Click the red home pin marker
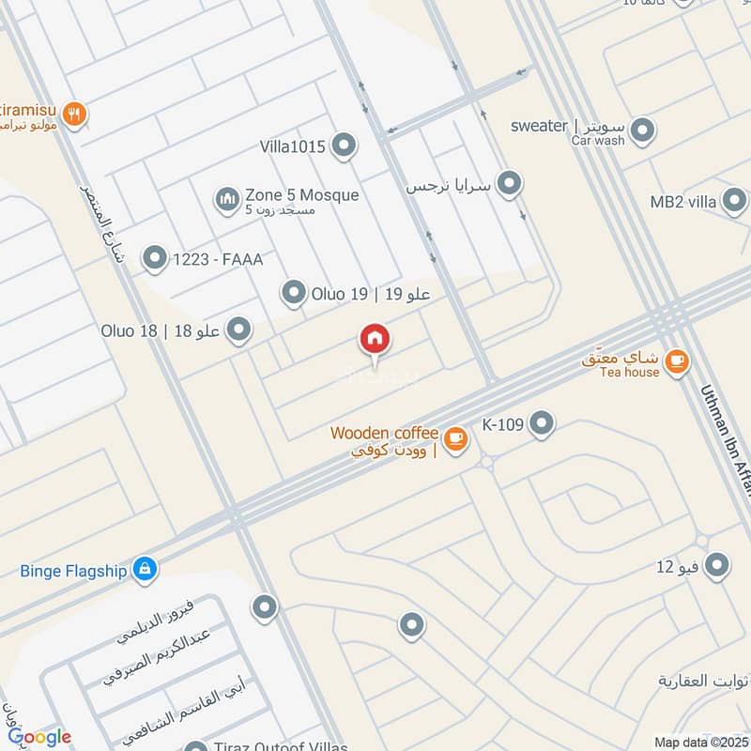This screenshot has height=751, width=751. (375, 340)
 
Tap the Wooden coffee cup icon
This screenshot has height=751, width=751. (455, 438)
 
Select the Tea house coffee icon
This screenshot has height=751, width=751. (676, 360)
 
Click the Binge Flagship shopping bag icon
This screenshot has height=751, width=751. (145, 569)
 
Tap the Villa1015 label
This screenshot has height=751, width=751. (294, 146)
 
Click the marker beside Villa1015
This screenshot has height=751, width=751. (345, 146)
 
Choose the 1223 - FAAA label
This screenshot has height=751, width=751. (218, 258)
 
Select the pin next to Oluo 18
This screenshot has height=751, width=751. (239, 329)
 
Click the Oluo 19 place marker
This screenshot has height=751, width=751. (294, 294)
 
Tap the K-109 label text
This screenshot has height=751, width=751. (502, 424)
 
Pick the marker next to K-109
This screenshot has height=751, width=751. (542, 424)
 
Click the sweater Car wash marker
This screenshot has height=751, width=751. (642, 130)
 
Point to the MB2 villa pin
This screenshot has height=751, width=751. (734, 201)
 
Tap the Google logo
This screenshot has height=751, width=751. (38, 737)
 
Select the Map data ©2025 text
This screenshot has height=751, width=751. (700, 743)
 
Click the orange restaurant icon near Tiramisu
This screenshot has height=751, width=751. (76, 115)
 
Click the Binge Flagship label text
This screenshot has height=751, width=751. (75, 569)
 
